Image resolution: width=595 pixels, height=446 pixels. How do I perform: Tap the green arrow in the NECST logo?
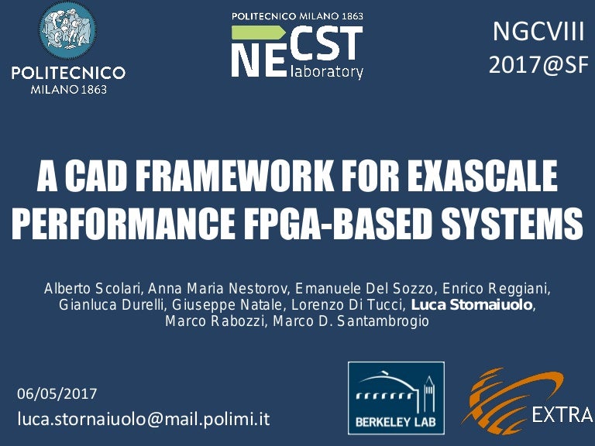coord(260,33)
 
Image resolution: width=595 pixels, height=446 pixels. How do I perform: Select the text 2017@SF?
coord(538,65)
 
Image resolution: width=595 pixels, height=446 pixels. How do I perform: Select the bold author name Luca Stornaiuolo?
coord(472,305)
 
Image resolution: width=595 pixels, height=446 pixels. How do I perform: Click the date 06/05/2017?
coord(57,393)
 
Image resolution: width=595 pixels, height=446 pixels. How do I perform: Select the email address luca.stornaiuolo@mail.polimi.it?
coord(143,419)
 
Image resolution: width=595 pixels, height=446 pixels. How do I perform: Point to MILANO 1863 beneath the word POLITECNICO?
coord(68,88)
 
